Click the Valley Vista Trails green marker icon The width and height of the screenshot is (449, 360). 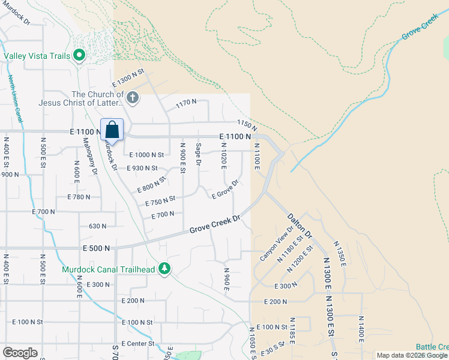pos(79,56)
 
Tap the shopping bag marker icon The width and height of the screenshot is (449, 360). pos(112,130)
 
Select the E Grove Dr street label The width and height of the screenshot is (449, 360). pos(226,189)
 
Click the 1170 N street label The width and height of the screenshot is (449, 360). pos(186,103)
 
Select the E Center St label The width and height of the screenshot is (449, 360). pos(137,344)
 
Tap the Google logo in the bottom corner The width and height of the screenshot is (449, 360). pos(20,353)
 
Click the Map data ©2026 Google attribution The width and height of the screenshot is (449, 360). pos(411,355)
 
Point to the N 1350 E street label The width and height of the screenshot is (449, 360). pos(340,255)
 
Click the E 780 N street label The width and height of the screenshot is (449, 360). pos(79,197)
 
